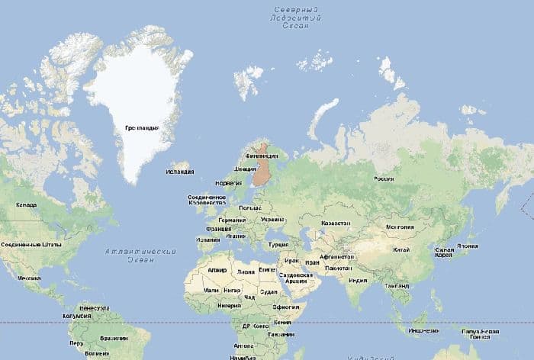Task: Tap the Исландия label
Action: tap(179, 172)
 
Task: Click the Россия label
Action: tap(383, 179)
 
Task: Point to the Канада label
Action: tap(26, 205)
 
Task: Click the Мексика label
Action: tap(30, 278)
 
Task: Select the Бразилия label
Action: tap(114, 337)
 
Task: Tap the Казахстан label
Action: tap(336, 223)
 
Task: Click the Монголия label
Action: tap(400, 227)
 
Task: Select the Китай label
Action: tap(400, 249)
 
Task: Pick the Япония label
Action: tap(466, 247)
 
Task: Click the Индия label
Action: tap(357, 279)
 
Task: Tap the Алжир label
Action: tap(217, 270)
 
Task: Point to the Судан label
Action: tap(269, 291)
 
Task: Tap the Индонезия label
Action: tap(423, 331)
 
